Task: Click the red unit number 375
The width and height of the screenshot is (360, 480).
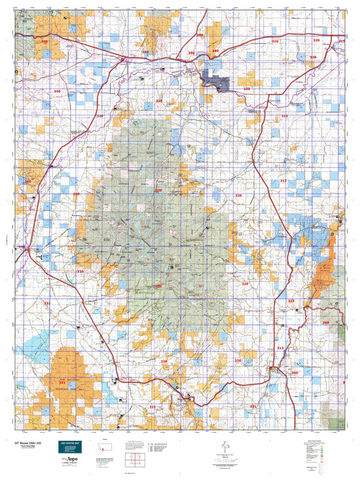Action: [342, 42]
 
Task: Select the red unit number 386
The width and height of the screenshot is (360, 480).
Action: [215, 51]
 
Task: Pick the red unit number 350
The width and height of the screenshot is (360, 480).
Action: [145, 52]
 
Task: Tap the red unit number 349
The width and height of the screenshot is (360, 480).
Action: [45, 42]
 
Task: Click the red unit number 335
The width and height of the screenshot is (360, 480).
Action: [47, 304]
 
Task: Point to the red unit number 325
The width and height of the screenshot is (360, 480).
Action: [292, 300]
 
